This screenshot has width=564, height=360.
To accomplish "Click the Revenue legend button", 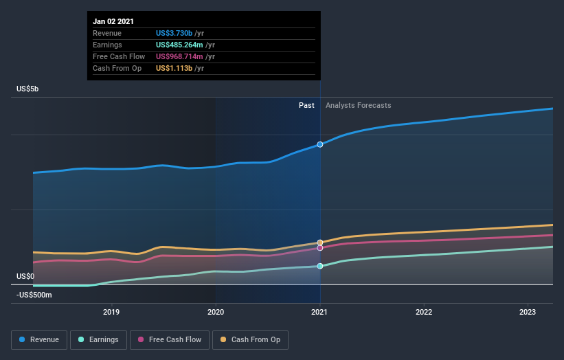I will (40, 339).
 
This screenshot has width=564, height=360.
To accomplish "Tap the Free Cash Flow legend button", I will (168, 339).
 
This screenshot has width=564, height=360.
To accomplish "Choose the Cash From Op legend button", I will (250, 339).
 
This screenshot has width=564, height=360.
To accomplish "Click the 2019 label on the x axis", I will (111, 312).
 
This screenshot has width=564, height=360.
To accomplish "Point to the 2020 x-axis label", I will (216, 312).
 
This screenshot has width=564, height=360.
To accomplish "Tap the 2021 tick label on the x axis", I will (320, 312).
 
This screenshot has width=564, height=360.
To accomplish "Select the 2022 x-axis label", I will (424, 312).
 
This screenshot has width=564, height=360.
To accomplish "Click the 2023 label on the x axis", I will (528, 312).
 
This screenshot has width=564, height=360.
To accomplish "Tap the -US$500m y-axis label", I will (35, 295).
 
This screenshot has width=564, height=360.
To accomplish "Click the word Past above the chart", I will (306, 105).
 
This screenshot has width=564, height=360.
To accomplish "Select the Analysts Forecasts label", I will (358, 105).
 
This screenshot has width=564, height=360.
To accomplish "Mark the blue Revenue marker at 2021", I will (320, 144).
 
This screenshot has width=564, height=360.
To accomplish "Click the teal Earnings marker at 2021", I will (320, 266).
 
